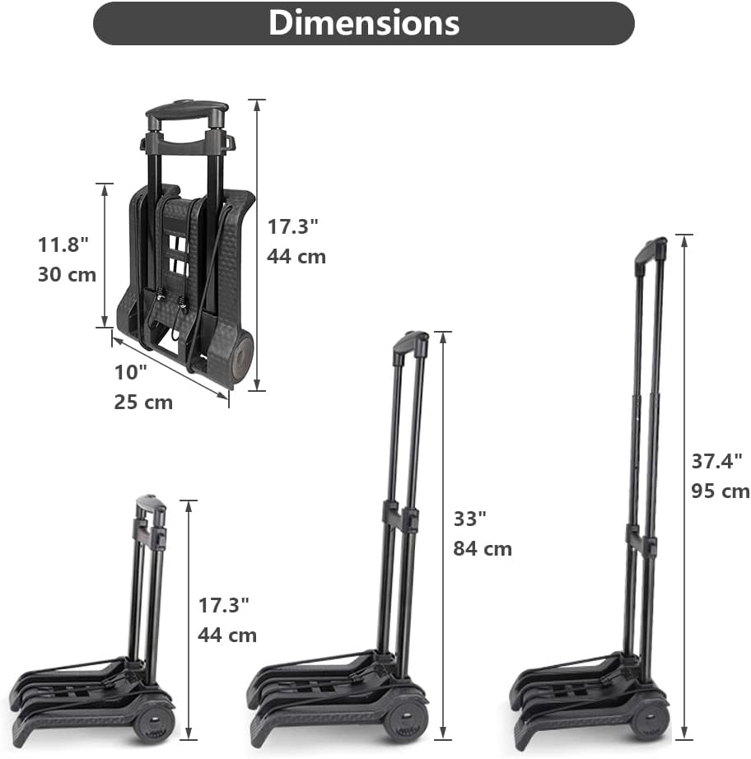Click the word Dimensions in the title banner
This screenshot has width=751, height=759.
coord(364,23)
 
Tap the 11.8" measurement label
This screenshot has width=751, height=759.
coord(63,244)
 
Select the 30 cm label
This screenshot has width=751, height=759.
coord(67,274)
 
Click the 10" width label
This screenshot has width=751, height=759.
coord(130,372)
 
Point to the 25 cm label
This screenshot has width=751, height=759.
coord(143,403)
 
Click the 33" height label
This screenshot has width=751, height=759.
coord(469,519)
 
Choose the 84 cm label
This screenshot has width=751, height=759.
coord(483,548)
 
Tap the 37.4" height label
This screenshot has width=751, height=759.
coord(716,461)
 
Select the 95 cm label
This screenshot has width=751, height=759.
coord(721,491)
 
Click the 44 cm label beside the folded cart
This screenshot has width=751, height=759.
coord(296,256)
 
